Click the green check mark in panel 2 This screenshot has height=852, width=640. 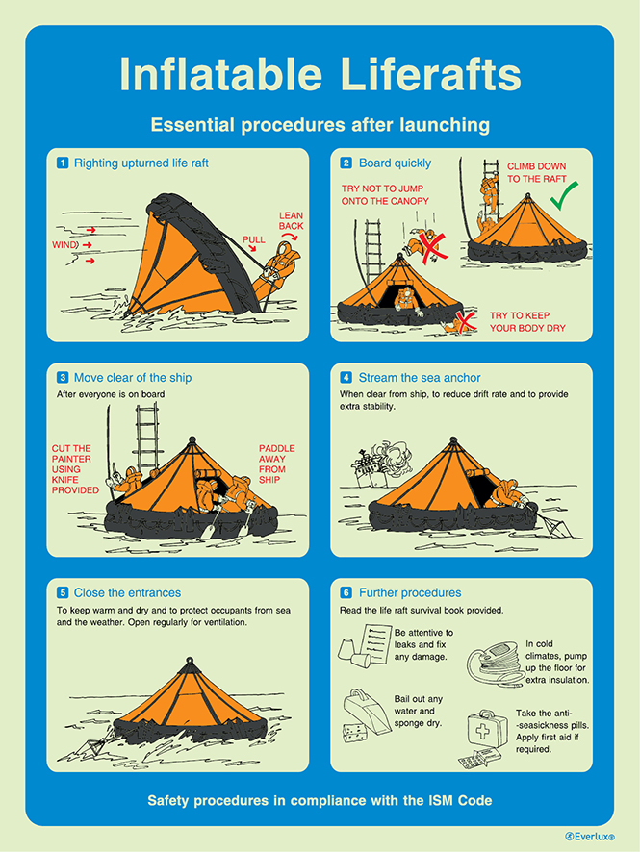click(563, 197)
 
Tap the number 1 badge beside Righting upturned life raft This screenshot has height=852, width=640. click(63, 163)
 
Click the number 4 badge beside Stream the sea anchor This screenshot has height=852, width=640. click(346, 378)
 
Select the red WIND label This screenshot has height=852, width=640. click(64, 245)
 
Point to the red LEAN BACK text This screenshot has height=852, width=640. click(291, 220)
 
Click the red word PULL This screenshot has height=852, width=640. click(254, 239)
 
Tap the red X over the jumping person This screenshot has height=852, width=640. click(433, 248)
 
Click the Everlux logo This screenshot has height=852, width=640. click(589, 838)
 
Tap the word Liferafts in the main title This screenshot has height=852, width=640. click(430, 73)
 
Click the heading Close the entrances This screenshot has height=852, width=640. click(127, 592)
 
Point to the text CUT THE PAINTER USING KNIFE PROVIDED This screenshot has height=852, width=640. click(75, 469)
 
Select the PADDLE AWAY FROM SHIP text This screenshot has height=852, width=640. click(277, 464)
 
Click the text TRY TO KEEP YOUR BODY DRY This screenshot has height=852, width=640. click(527, 322)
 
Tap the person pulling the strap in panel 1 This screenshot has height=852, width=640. click(278, 269)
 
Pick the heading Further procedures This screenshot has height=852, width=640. click(410, 592)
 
